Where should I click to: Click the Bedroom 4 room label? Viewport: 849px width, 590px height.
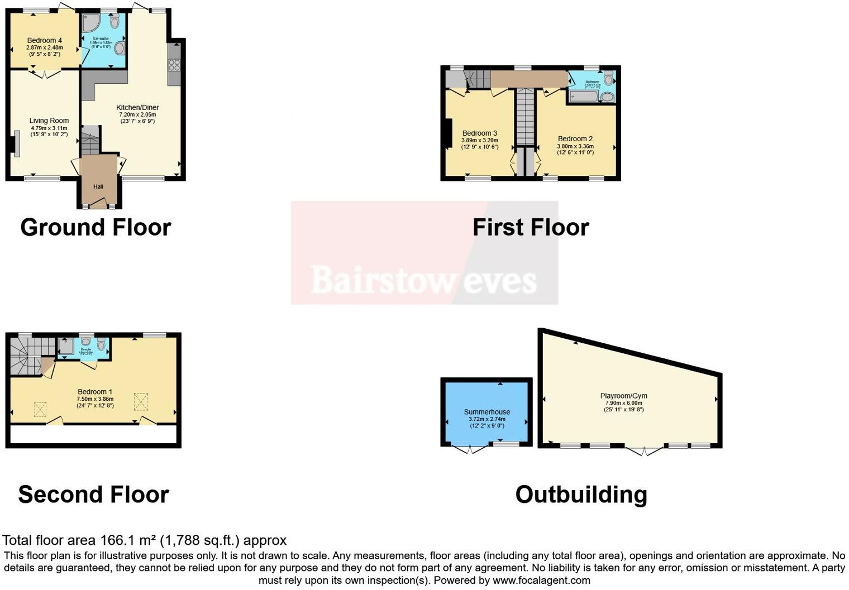[x=45, y=41]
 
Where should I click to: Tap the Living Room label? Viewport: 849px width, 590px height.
[x=49, y=121]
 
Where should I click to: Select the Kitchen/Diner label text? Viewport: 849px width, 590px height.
[x=137, y=108]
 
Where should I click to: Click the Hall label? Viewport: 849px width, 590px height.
[x=98, y=186]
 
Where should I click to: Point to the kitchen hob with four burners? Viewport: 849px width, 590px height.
[x=174, y=65]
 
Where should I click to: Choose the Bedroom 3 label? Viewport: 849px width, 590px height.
[x=480, y=133]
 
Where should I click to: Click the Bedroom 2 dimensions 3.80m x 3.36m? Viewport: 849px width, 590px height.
[x=575, y=146]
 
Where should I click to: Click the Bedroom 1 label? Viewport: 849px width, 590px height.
[x=95, y=392]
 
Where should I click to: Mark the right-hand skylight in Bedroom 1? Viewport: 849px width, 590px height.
[x=141, y=402]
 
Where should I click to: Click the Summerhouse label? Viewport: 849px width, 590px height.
[x=487, y=412]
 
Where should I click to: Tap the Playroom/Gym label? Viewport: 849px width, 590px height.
[x=624, y=396]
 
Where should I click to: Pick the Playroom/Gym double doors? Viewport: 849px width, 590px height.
[x=645, y=450]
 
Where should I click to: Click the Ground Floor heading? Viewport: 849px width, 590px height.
[x=96, y=227]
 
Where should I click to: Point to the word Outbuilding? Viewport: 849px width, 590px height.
[x=581, y=495]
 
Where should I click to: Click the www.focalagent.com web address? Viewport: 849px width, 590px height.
[x=541, y=580]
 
